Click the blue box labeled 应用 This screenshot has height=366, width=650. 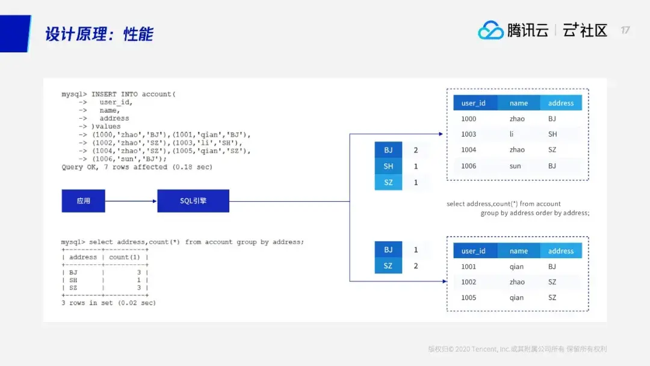(83, 201)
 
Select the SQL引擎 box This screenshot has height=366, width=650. (193, 201)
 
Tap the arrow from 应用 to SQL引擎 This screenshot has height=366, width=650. (131, 201)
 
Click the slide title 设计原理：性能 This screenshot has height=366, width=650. (99, 34)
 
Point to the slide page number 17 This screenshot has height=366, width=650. (625, 30)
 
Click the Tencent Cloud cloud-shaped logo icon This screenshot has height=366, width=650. (491, 30)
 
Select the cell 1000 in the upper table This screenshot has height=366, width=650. (468, 119)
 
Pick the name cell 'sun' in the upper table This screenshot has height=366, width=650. (516, 166)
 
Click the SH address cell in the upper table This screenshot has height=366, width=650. (552, 135)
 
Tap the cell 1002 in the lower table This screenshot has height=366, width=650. (468, 282)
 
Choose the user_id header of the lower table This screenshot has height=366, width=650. (473, 251)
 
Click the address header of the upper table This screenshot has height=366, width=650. (561, 103)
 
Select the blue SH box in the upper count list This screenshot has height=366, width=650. (388, 166)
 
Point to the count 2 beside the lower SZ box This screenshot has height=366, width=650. (416, 266)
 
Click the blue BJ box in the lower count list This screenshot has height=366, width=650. (388, 250)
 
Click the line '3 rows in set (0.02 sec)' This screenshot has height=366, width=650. (108, 303)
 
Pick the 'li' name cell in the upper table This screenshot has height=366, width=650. (512, 135)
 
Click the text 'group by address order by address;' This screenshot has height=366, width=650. (534, 213)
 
